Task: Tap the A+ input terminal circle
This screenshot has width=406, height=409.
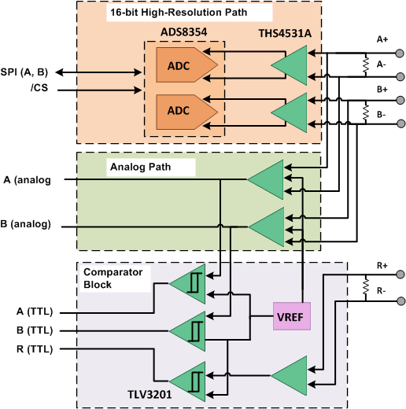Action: coord(400,53)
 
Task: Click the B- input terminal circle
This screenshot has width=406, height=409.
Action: coord(400,123)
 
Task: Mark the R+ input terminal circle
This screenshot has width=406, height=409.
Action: coord(400,275)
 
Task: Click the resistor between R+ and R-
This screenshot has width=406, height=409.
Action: coord(365,287)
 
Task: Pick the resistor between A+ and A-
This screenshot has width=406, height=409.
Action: coord(365,64)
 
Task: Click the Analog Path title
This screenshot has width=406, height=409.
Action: coord(139,167)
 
